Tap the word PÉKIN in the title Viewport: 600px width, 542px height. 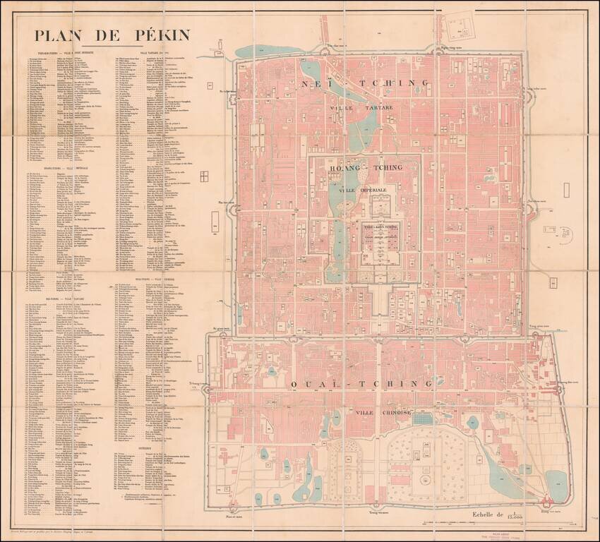154,35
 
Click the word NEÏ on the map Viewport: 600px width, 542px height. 318,83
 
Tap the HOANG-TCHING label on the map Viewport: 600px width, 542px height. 364,168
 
